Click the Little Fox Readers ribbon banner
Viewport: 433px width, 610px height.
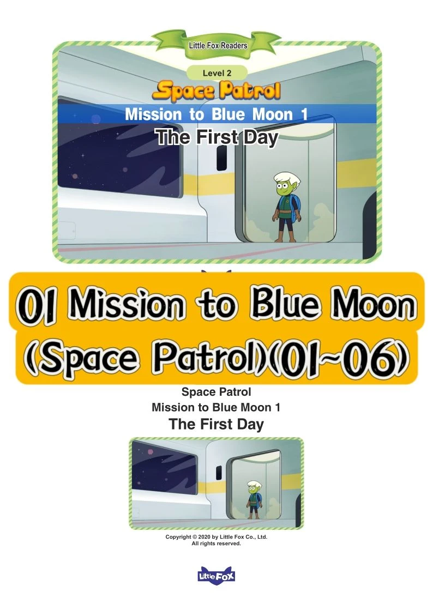click(216, 44)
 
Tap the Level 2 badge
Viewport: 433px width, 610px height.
click(216, 73)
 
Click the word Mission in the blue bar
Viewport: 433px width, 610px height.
click(153, 114)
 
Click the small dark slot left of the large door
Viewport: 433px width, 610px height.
click(221, 158)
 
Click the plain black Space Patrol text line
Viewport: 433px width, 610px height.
click(216, 392)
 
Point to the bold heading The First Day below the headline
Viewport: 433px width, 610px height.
click(216, 424)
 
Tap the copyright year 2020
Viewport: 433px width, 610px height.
click(205, 537)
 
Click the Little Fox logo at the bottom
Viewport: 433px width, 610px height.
click(216, 575)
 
